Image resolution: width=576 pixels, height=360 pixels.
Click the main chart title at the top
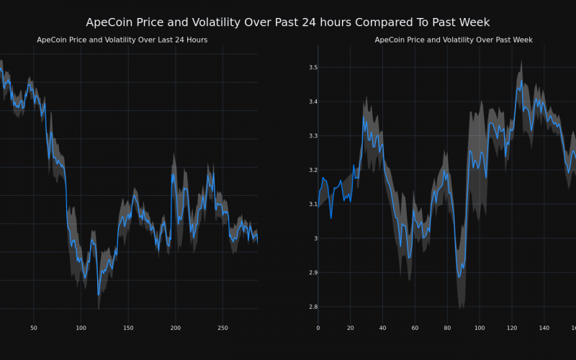pyautogui.click(x=288, y=22)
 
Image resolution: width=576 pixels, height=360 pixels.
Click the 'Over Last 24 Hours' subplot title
pyautogui.click(x=122, y=40)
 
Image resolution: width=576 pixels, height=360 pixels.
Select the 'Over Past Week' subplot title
pyautogui.click(x=454, y=40)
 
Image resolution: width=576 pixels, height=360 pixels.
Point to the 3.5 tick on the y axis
pyautogui.click(x=313, y=68)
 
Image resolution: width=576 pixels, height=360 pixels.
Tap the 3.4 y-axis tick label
pyautogui.click(x=313, y=102)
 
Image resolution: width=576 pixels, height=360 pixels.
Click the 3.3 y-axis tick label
pyautogui.click(x=313, y=136)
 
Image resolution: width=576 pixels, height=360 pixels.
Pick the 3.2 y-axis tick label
pyautogui.click(x=313, y=170)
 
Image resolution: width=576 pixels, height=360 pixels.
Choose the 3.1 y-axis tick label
pyautogui.click(x=313, y=204)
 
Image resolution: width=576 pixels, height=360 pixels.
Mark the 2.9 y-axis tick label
pyautogui.click(x=313, y=273)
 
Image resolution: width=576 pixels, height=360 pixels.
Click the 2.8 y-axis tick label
pyautogui.click(x=313, y=307)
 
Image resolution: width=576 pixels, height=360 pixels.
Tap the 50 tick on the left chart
pyautogui.click(x=34, y=328)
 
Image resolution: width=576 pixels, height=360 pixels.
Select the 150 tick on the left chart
pyautogui.click(x=128, y=328)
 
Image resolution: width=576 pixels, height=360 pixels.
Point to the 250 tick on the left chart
pyautogui.click(x=222, y=328)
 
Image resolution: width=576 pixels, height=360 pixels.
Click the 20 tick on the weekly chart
pyautogui.click(x=351, y=328)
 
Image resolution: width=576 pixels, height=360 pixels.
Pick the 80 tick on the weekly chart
pyautogui.click(x=447, y=328)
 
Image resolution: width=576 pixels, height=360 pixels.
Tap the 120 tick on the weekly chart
pyautogui.click(x=512, y=328)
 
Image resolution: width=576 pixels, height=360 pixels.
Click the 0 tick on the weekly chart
pyautogui.click(x=318, y=328)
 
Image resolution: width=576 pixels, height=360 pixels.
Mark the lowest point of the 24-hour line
pyautogui.click(x=99, y=294)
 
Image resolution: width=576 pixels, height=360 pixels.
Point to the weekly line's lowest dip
pyautogui.click(x=459, y=277)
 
